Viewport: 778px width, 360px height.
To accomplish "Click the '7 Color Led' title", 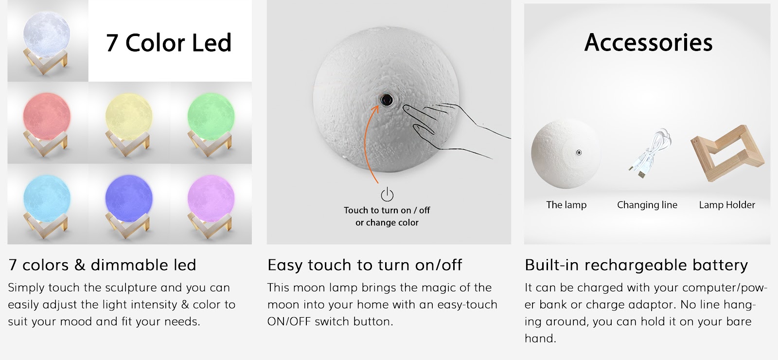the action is pyautogui.click(x=168, y=43).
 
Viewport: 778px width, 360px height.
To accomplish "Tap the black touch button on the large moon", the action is pyautogui.click(x=387, y=100).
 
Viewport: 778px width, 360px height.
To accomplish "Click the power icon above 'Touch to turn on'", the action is pyautogui.click(x=387, y=195).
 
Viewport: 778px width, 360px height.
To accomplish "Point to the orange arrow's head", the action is pyautogui.click(x=375, y=109).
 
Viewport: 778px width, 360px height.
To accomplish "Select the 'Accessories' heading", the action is pyautogui.click(x=649, y=43).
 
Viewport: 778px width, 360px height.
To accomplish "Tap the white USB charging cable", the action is pyautogui.click(x=649, y=153).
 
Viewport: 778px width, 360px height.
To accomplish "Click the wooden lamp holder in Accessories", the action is pyautogui.click(x=727, y=153).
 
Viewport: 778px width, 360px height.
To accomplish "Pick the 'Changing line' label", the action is pyautogui.click(x=647, y=205).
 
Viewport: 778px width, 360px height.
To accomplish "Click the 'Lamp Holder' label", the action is pyautogui.click(x=727, y=205).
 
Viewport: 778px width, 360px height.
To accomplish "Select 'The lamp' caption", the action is pyautogui.click(x=566, y=205).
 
